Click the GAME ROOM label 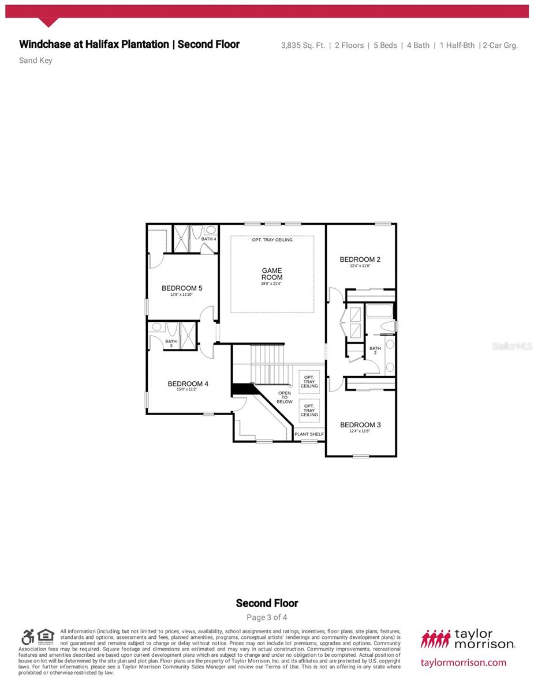pos(272,274)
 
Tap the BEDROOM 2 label pos(360,259)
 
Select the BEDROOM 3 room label pos(360,425)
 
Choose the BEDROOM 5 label pos(182,288)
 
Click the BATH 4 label pos(208,239)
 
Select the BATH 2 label pos(375,351)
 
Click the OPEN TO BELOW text pos(285,397)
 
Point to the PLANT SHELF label pos(309,434)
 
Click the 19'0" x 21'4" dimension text pos(272,284)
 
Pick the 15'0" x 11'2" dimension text pos(187,390)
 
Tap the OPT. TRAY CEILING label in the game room pos(272,240)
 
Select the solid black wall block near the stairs pos(241,390)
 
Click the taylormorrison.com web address pos(464,663)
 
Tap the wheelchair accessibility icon pos(28,637)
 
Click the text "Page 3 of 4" pos(267,617)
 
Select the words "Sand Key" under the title pos(36,60)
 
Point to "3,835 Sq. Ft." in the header pos(304,45)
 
